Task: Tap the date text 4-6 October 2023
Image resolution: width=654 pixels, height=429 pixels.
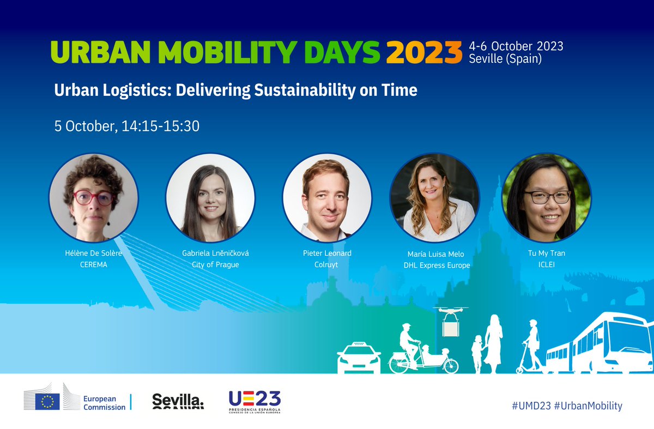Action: click(x=516, y=46)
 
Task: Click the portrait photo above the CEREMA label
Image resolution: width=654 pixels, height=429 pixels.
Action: click(x=93, y=197)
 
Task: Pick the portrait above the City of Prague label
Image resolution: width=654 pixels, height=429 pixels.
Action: click(x=210, y=197)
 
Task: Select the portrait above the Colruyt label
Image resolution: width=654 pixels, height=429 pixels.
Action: click(x=326, y=197)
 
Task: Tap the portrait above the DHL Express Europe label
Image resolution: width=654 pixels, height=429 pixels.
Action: click(x=434, y=197)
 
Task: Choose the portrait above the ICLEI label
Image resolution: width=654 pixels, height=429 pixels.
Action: click(x=546, y=197)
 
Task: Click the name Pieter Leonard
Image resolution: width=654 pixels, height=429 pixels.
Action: click(x=327, y=253)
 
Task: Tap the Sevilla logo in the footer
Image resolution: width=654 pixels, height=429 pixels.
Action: click(x=178, y=401)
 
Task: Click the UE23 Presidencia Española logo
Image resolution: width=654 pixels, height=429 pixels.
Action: click(x=255, y=402)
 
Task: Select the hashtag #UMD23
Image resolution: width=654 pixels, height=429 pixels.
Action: click(x=528, y=406)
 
